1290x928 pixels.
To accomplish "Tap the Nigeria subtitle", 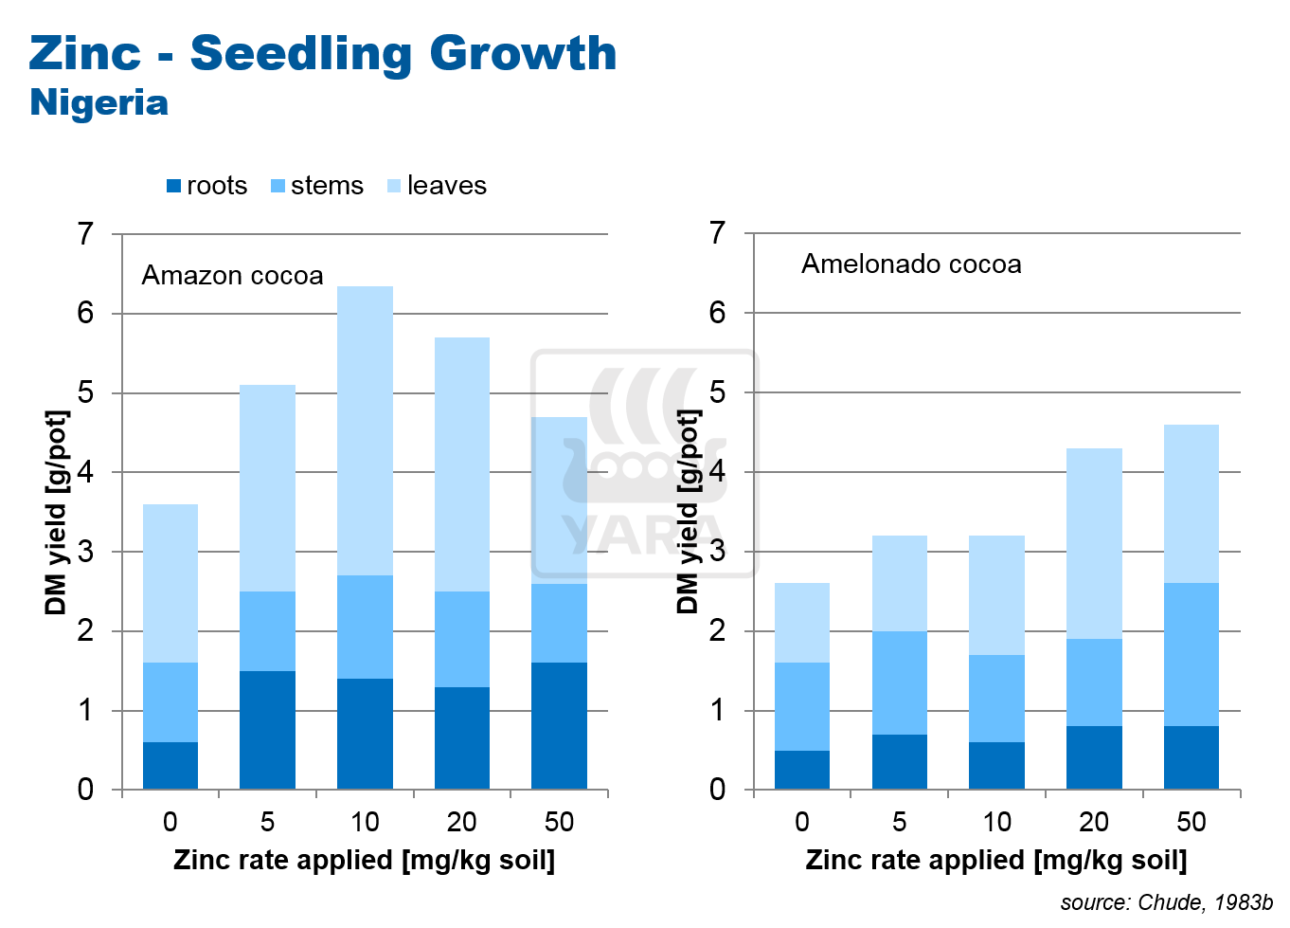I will coord(99,102).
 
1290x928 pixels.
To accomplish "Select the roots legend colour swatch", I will coord(173,186).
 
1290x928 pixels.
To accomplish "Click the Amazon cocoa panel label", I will coord(232,276).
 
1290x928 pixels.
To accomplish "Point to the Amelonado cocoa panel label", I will coord(911,264).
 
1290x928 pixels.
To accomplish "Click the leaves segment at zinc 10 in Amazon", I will coord(365,431).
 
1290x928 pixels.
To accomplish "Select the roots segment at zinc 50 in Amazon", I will coord(559,726).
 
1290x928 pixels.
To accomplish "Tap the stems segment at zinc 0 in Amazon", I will coord(170,702).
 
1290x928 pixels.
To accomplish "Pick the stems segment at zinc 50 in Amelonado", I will coord(1191,655).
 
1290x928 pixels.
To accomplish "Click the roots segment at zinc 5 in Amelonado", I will coord(900,762).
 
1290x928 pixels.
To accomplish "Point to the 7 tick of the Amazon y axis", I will coord(86,233).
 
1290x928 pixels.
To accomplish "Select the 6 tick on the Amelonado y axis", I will coord(718,313).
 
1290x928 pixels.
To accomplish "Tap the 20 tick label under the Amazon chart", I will coord(461,822).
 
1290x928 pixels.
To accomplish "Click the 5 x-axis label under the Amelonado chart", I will coord(900,822).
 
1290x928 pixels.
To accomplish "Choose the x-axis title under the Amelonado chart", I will coord(995,860).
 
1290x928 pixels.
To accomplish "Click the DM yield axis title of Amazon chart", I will coord(57,512).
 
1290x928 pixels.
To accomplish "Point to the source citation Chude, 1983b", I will coord(1166,902).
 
